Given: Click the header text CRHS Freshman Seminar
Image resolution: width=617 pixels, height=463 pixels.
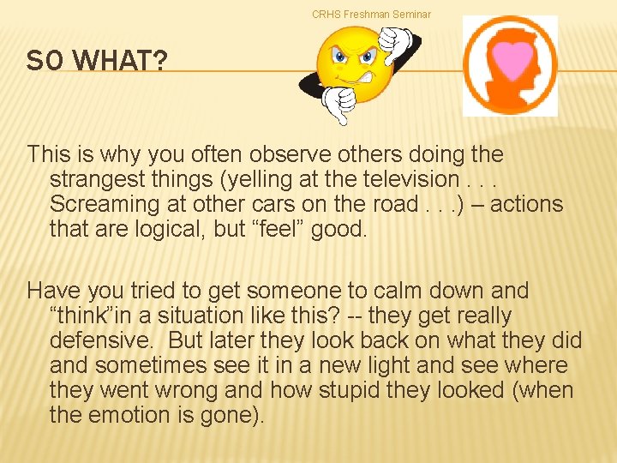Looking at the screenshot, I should point(371,14).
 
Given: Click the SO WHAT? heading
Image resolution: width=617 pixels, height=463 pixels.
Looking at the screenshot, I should point(84,61).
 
